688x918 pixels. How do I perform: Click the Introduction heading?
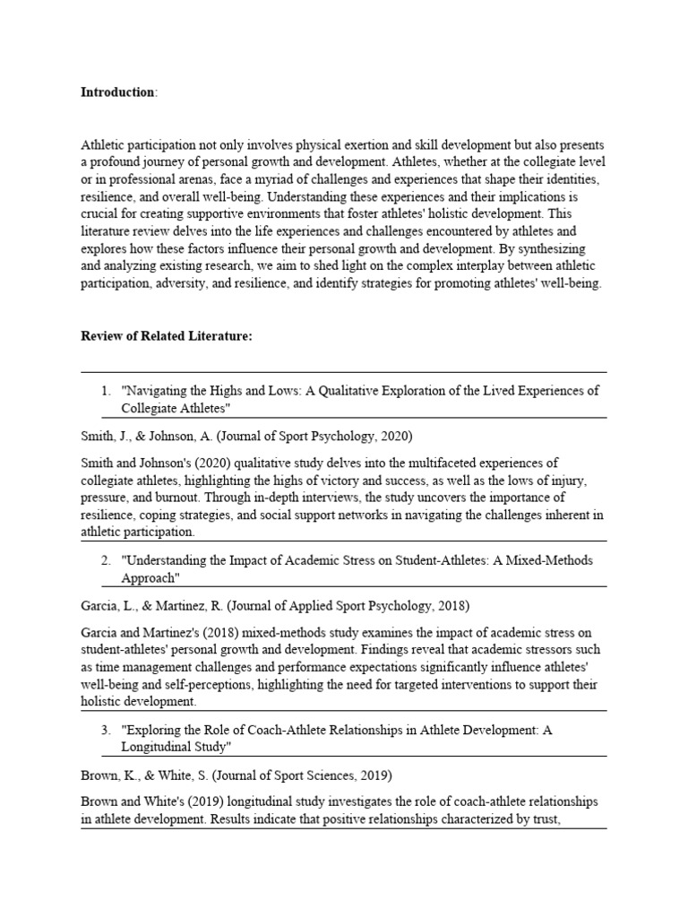[x=117, y=92]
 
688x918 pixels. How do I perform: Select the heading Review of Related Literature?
[x=167, y=335]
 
